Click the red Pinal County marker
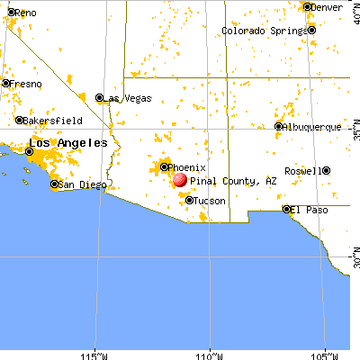click(179, 179)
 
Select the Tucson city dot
click(189, 200)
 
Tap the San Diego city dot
click(54, 184)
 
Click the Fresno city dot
click(6, 84)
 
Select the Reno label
click(25, 13)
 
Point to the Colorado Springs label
click(266, 31)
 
